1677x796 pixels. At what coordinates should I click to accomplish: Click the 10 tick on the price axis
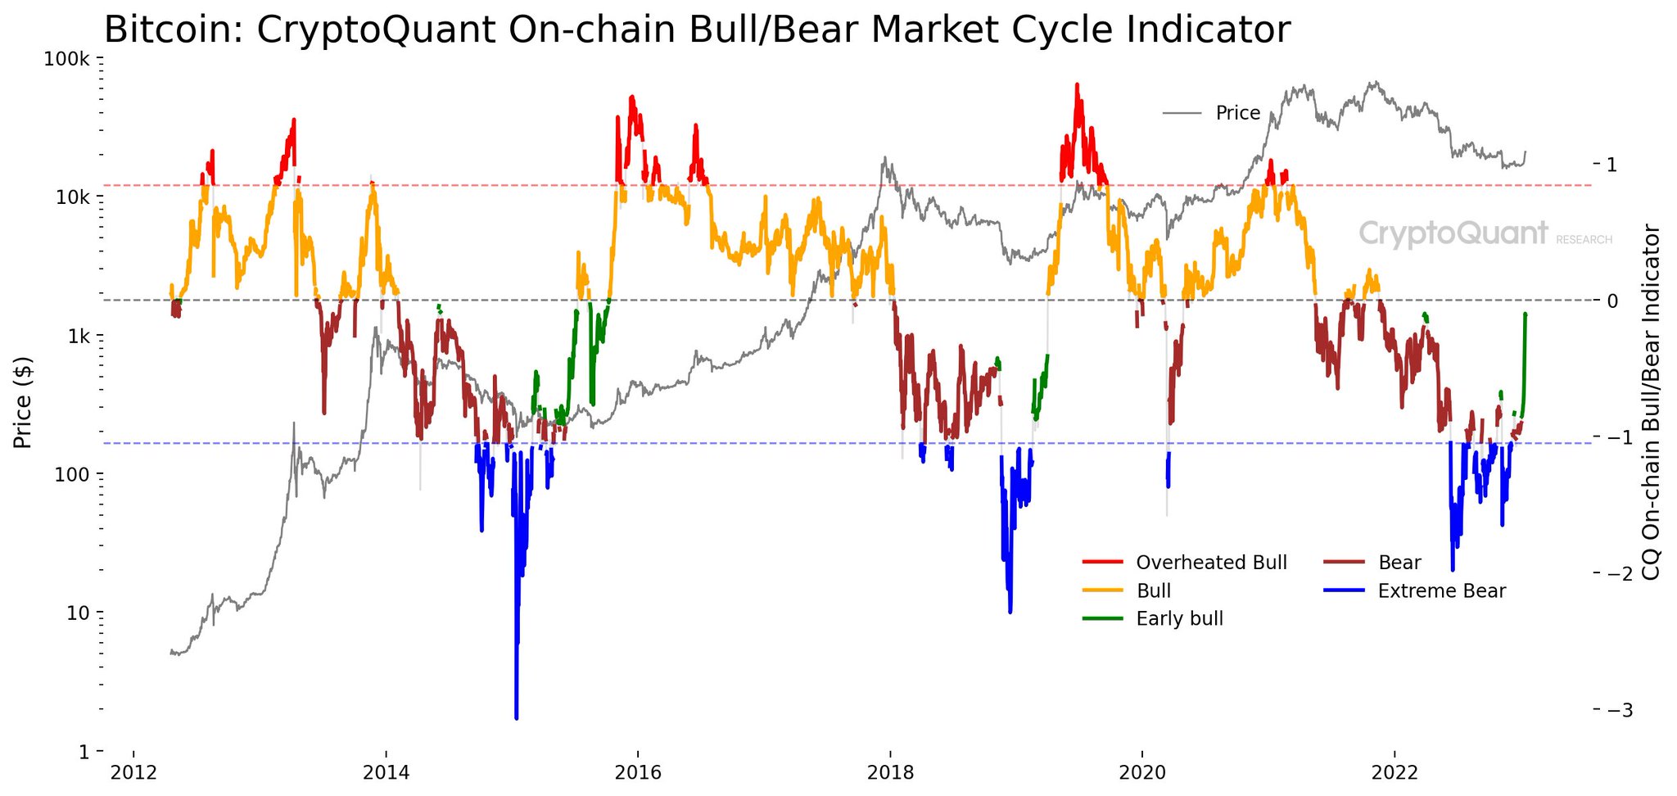(79, 613)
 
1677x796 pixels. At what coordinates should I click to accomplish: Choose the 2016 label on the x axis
(637, 771)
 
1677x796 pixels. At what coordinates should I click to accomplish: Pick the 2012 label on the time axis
(133, 771)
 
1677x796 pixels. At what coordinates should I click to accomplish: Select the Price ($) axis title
(23, 403)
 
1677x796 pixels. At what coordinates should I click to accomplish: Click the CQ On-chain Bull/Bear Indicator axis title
(1652, 401)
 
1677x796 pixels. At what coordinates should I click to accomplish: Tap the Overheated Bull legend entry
(1211, 563)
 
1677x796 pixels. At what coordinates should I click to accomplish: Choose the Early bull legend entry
(1179, 618)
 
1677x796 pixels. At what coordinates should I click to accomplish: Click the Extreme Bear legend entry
(1441, 590)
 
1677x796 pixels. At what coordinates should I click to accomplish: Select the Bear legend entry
(1399, 563)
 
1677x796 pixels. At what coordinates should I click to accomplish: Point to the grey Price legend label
(1237, 113)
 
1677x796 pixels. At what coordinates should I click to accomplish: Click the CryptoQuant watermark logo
(1453, 234)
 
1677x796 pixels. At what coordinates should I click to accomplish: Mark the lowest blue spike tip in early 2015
(516, 718)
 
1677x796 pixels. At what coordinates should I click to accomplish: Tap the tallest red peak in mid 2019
(1077, 84)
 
